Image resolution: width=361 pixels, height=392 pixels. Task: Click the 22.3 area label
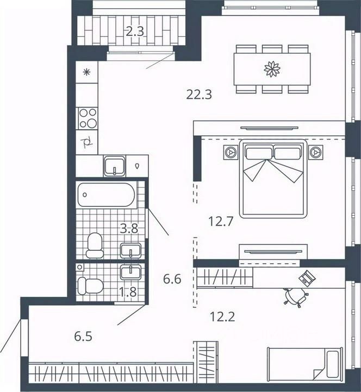199,95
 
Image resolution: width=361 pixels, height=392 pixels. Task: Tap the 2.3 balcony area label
135,32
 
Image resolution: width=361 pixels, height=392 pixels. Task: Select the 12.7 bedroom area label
221,222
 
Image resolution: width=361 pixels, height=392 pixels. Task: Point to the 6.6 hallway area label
172,279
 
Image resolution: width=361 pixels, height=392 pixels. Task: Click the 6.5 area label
83,337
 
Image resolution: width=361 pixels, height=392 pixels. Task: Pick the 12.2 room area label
222,317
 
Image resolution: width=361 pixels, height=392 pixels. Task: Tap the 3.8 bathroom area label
129,229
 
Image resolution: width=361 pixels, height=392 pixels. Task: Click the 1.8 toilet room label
128,292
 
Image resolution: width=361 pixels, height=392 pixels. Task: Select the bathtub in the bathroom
107,195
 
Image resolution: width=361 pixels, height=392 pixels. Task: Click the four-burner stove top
88,118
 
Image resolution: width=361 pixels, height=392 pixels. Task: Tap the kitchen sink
114,166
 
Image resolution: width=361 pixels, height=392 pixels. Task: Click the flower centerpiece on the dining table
272,69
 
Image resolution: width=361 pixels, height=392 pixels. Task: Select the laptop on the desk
307,278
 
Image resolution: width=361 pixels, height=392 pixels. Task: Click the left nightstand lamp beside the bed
230,152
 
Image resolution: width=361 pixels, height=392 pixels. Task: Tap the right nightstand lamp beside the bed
315,152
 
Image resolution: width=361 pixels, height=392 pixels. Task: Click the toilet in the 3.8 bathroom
95,245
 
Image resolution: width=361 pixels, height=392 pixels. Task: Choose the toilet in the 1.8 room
90,286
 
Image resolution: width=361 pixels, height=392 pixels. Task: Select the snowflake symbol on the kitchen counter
86,73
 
